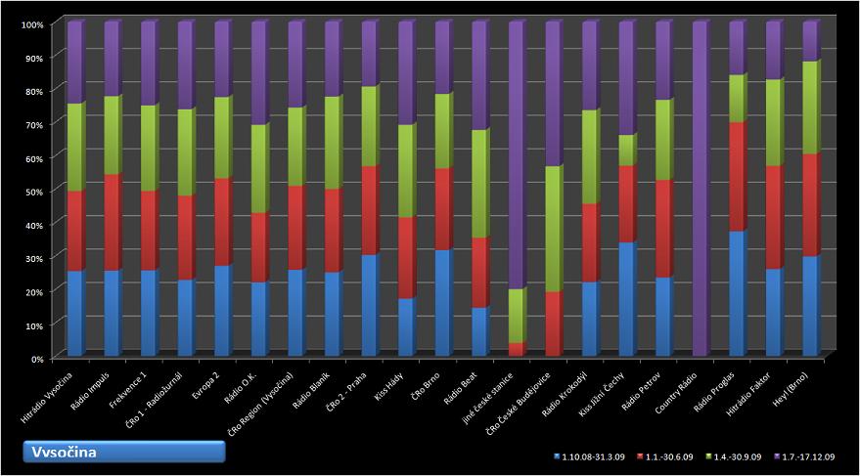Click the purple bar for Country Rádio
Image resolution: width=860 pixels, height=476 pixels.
point(700,191)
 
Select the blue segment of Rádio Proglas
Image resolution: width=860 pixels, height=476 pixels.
point(736,294)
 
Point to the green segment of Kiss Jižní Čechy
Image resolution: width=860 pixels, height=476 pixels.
point(626,151)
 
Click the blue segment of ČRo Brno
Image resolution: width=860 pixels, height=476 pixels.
point(442,304)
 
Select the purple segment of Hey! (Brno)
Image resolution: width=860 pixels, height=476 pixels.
point(809,42)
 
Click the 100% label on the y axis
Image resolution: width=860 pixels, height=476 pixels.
point(30,23)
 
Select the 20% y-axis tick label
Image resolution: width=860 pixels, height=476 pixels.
point(32,291)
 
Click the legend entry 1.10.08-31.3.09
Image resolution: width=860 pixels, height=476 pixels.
point(587,456)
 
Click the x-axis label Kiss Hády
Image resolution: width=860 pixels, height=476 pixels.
point(389,386)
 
